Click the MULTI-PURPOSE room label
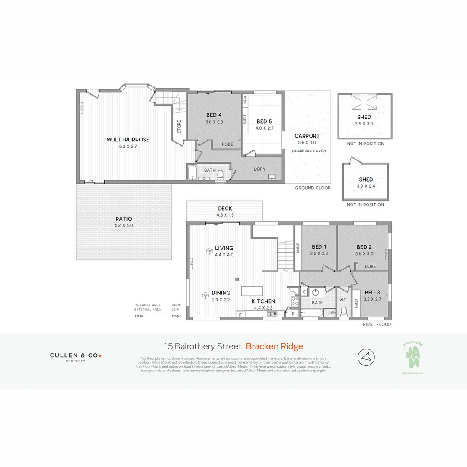[128, 140]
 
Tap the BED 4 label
[214, 115]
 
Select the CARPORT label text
[307, 136]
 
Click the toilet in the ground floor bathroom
[220, 174]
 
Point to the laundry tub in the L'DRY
[272, 176]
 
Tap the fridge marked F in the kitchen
[240, 314]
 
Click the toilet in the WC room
[344, 311]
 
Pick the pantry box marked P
[293, 314]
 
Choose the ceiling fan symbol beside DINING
[205, 296]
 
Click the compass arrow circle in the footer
[366, 357]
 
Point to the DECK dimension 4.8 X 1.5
[225, 215]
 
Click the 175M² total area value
[175, 316]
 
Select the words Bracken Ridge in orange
[274, 346]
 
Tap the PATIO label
[124, 219]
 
